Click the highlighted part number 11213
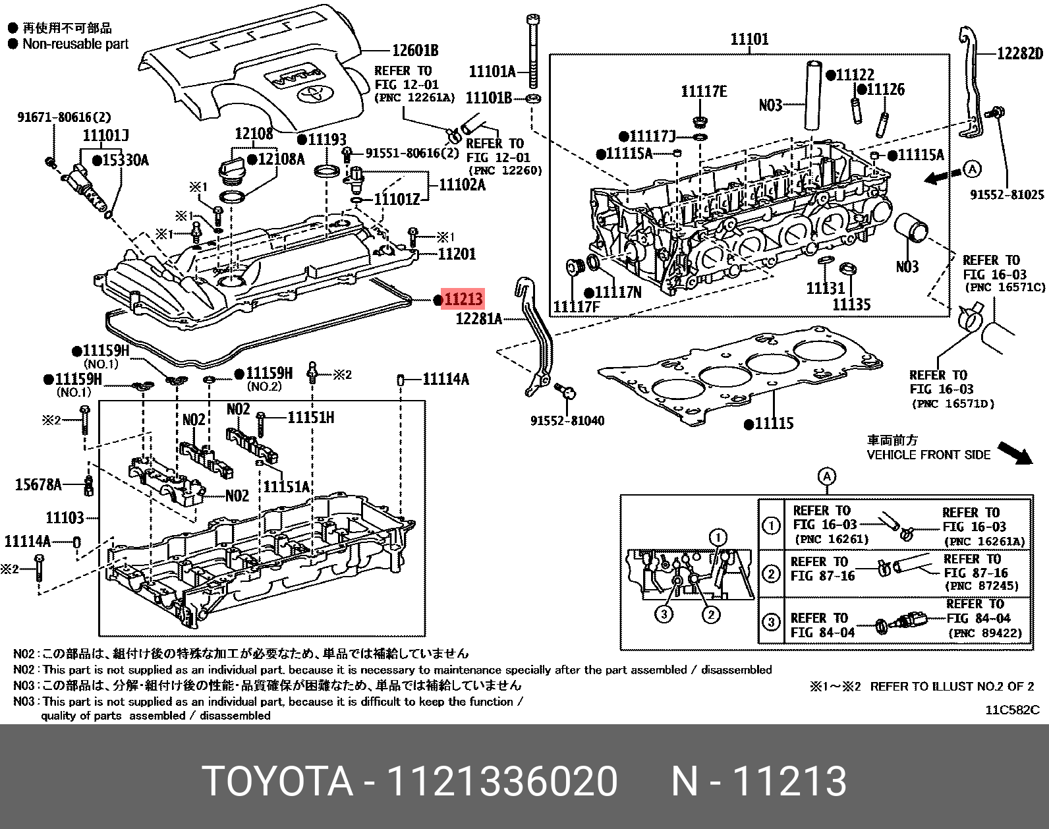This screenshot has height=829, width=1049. pos(463,299)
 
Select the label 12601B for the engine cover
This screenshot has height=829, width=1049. pos(415,51)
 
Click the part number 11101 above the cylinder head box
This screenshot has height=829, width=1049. pos(749,40)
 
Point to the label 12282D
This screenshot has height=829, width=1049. pos(1020,53)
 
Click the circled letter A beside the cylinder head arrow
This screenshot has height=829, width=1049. pos(971,169)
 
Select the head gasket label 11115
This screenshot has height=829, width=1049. pos(774,424)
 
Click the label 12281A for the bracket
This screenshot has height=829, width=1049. pos(479,319)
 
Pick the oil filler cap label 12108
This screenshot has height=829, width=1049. pos(254,134)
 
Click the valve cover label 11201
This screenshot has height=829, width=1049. pos(457,254)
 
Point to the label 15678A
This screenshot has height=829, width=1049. pos(38,485)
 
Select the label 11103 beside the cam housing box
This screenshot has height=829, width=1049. pos(65,517)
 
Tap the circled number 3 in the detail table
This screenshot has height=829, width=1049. pos(771,621)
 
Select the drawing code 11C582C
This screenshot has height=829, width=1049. pos(1012,710)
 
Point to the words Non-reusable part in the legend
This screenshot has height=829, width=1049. pos(76,44)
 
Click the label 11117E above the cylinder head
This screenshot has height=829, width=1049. pos(704,92)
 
